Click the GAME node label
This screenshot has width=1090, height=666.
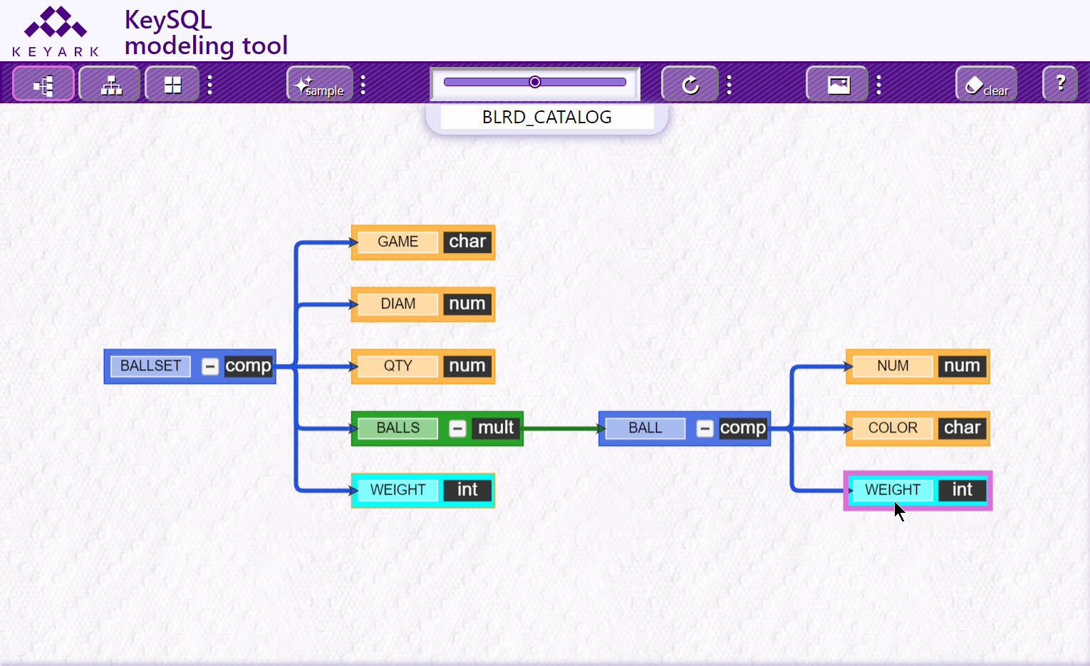coord(398,241)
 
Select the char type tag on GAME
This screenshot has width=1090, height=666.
coord(467,241)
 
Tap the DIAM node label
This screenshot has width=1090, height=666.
coord(398,304)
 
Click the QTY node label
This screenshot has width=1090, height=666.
coord(398,366)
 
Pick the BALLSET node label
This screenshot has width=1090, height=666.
coord(150,366)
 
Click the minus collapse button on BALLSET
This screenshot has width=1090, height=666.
coord(209,366)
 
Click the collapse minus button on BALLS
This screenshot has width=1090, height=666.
coord(457,429)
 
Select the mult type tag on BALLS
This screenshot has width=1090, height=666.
coord(496,428)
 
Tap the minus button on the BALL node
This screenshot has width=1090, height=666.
coord(704,429)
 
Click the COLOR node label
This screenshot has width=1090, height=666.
coord(893,428)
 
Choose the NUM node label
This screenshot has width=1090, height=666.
coord(893,366)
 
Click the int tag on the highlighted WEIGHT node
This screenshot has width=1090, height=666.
coord(962,490)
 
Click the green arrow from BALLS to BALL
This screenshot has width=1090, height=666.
coord(564,429)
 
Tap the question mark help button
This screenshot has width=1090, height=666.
coord(1060,84)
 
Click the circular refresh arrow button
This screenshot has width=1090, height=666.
coord(690,84)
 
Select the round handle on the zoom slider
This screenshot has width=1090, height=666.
coord(535,82)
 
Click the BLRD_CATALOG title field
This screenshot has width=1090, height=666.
coord(547,118)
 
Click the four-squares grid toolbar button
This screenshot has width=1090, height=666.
coord(172,84)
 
